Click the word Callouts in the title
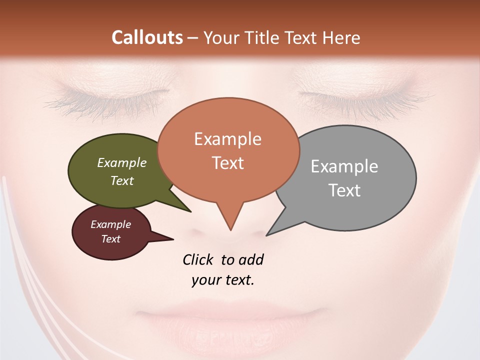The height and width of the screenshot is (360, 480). (147, 37)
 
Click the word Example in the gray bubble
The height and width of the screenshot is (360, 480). (344, 166)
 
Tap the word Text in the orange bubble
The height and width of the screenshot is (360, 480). (228, 163)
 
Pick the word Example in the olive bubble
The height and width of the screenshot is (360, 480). (122, 163)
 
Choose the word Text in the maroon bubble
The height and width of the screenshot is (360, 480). (111, 239)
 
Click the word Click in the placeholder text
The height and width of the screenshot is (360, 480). (198, 260)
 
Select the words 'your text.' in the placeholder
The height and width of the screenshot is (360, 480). (223, 280)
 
